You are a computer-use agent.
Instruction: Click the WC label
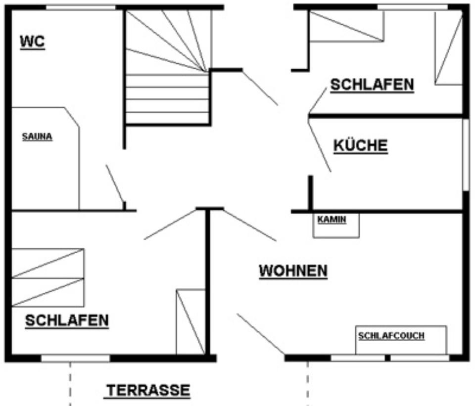tap(32, 42)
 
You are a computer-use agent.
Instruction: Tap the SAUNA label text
tap(37, 137)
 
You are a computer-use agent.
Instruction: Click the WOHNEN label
tap(293, 271)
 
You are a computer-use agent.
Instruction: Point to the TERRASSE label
tap(148, 391)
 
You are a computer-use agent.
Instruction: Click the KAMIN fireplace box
tap(336, 226)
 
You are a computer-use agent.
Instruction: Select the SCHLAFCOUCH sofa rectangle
tap(401, 340)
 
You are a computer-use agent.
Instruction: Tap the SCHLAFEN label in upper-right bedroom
tap(372, 85)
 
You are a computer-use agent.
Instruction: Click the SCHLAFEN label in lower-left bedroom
tap(67, 320)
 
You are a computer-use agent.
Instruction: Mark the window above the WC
tap(81, 7)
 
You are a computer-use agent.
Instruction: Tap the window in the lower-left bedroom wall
tap(75, 358)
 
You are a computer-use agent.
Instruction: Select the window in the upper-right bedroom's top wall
tap(413, 7)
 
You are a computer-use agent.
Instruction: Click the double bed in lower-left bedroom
tap(47, 277)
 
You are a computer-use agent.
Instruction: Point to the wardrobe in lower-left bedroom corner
tap(190, 321)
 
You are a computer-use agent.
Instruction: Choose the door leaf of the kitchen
tap(319, 145)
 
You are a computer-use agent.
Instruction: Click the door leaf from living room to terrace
tap(260, 334)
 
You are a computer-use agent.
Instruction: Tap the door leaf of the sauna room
tap(115, 183)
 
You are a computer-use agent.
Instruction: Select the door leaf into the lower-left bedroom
tap(171, 225)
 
